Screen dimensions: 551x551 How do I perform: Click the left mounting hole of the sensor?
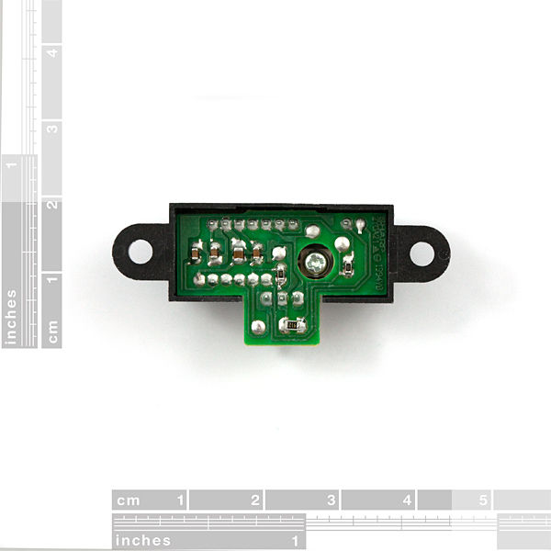click(140, 250)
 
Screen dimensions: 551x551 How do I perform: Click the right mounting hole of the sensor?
click(422, 251)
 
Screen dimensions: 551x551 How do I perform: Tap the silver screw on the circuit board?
click(316, 264)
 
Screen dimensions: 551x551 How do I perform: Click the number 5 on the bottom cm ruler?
click(483, 500)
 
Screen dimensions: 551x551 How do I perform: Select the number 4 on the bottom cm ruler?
click(407, 500)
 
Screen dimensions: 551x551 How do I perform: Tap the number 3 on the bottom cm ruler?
click(331, 500)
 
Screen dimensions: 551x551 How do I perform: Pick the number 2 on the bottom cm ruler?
click(254, 500)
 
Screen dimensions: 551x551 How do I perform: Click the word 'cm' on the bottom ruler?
click(129, 500)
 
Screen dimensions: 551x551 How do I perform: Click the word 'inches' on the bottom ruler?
click(143, 540)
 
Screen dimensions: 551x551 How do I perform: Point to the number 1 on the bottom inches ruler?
click(296, 540)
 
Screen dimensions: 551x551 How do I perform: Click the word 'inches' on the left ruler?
click(11, 317)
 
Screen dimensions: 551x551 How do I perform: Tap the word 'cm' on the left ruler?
click(52, 332)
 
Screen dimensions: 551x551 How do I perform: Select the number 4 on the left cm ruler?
click(52, 52)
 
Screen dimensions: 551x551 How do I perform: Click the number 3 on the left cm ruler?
click(52, 129)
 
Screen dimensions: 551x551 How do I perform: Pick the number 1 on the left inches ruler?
click(11, 166)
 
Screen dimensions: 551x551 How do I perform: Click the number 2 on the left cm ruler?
click(52, 204)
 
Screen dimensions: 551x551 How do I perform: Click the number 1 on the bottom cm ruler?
click(180, 500)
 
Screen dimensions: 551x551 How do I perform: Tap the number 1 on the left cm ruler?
click(52, 279)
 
